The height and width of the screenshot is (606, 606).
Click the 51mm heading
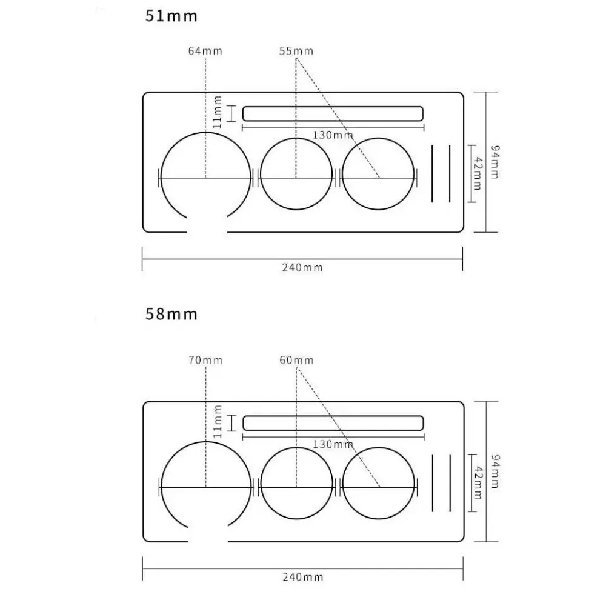tap(171, 16)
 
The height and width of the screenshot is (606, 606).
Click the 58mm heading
tap(171, 314)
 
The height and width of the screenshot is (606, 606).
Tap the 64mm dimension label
tap(205, 51)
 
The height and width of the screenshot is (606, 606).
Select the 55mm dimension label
tap(296, 51)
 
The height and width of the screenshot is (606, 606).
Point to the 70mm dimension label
tap(205, 360)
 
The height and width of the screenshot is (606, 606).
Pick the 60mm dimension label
tap(296, 360)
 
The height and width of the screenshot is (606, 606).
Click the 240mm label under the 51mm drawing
tap(302, 267)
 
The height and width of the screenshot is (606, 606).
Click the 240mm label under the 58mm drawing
tap(302, 576)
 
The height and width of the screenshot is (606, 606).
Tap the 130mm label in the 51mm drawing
tap(333, 135)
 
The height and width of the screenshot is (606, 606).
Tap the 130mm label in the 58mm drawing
tap(333, 444)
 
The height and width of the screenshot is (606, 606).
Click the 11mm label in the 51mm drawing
tap(218, 113)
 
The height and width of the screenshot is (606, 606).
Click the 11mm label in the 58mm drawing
tap(218, 422)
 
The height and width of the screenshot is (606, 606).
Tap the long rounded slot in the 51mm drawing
tap(332, 113)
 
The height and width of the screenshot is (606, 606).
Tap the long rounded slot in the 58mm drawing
tap(332, 422)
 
